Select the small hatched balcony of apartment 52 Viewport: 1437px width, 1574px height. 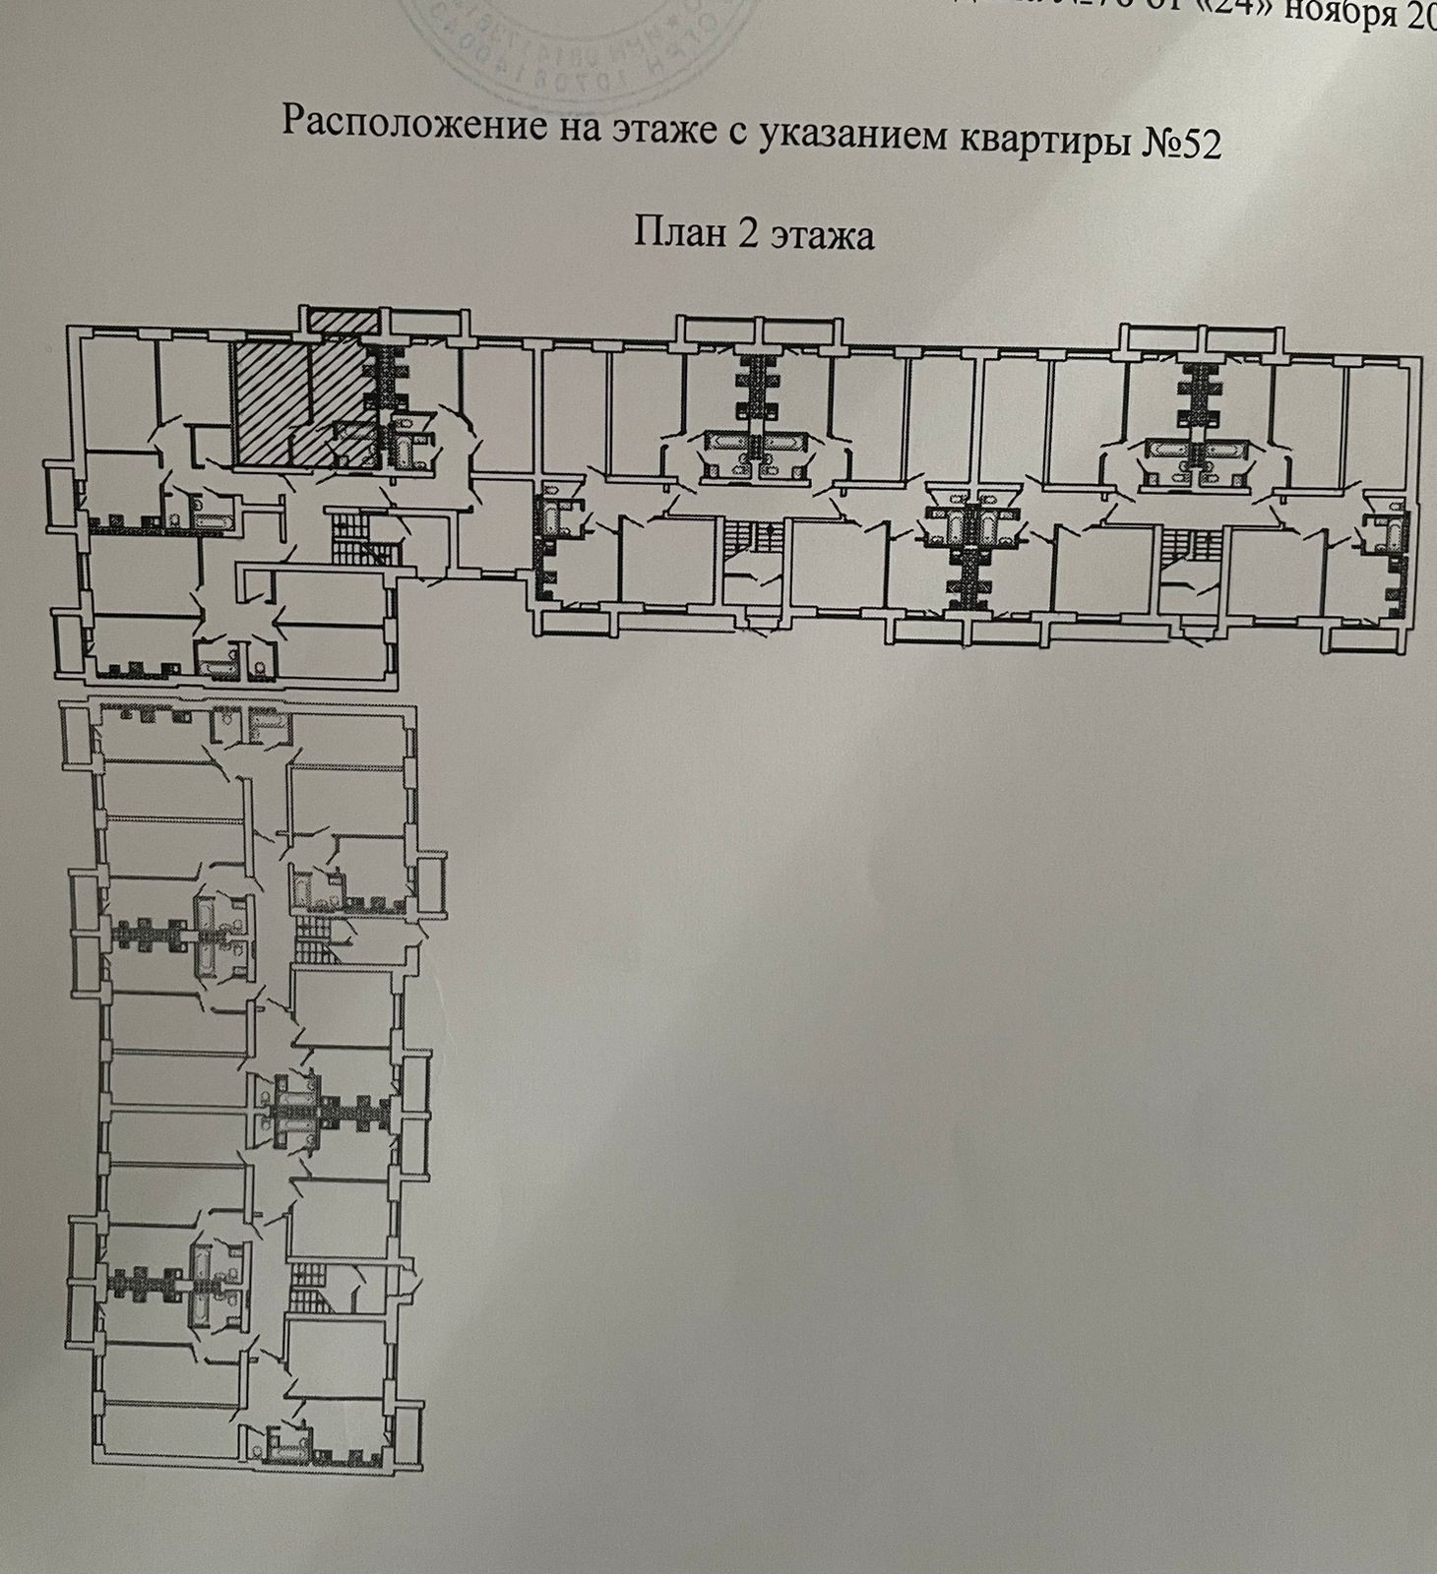[x=339, y=320]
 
